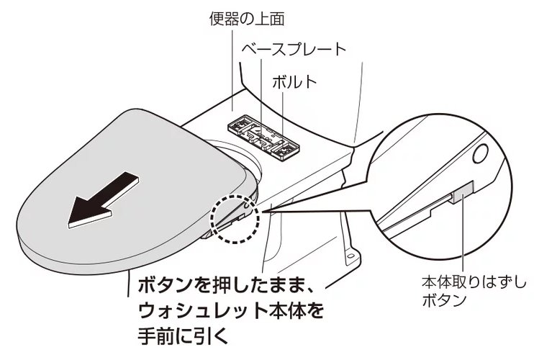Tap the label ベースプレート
293,49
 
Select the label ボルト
293,81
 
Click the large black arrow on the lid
100,197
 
